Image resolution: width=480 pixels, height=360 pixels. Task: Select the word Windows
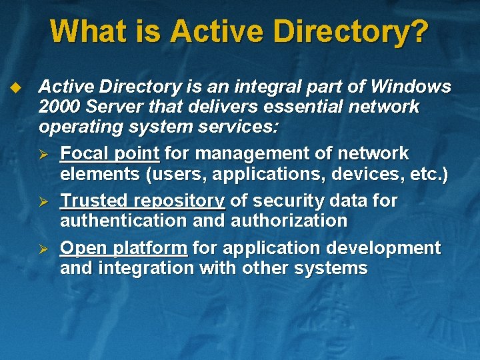coord(411,87)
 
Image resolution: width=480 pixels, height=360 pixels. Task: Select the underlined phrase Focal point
coord(110,154)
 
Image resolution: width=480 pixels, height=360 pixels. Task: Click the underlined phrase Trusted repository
coord(143,201)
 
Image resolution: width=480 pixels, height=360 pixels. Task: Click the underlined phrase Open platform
coord(123,249)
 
